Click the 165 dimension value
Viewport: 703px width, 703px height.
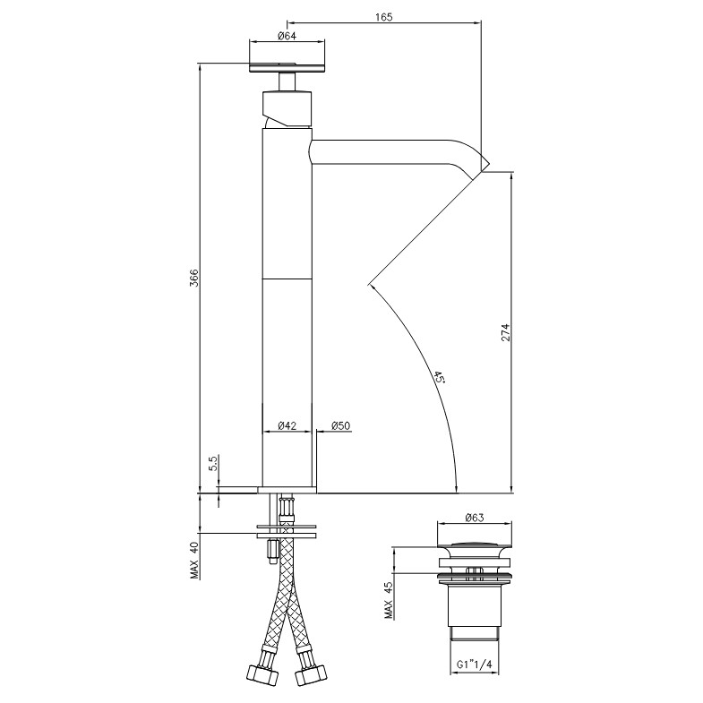[384, 17]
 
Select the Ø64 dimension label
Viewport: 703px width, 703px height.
[287, 37]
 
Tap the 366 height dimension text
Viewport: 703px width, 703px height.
[193, 278]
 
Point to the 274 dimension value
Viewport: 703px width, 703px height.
[505, 332]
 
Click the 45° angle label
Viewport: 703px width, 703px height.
[439, 377]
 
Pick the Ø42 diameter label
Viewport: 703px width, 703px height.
[287, 425]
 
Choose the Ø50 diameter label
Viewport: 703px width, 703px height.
[340, 425]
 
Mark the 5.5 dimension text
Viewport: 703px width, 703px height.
[213, 462]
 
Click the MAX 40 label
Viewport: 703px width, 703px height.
[194, 560]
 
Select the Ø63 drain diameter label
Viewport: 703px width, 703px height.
[475, 518]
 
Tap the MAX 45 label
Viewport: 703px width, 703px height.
[389, 600]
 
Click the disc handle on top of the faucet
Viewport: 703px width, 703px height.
[287, 68]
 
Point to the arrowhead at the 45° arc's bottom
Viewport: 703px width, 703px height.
[456, 488]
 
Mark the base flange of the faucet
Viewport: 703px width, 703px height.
[287, 490]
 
